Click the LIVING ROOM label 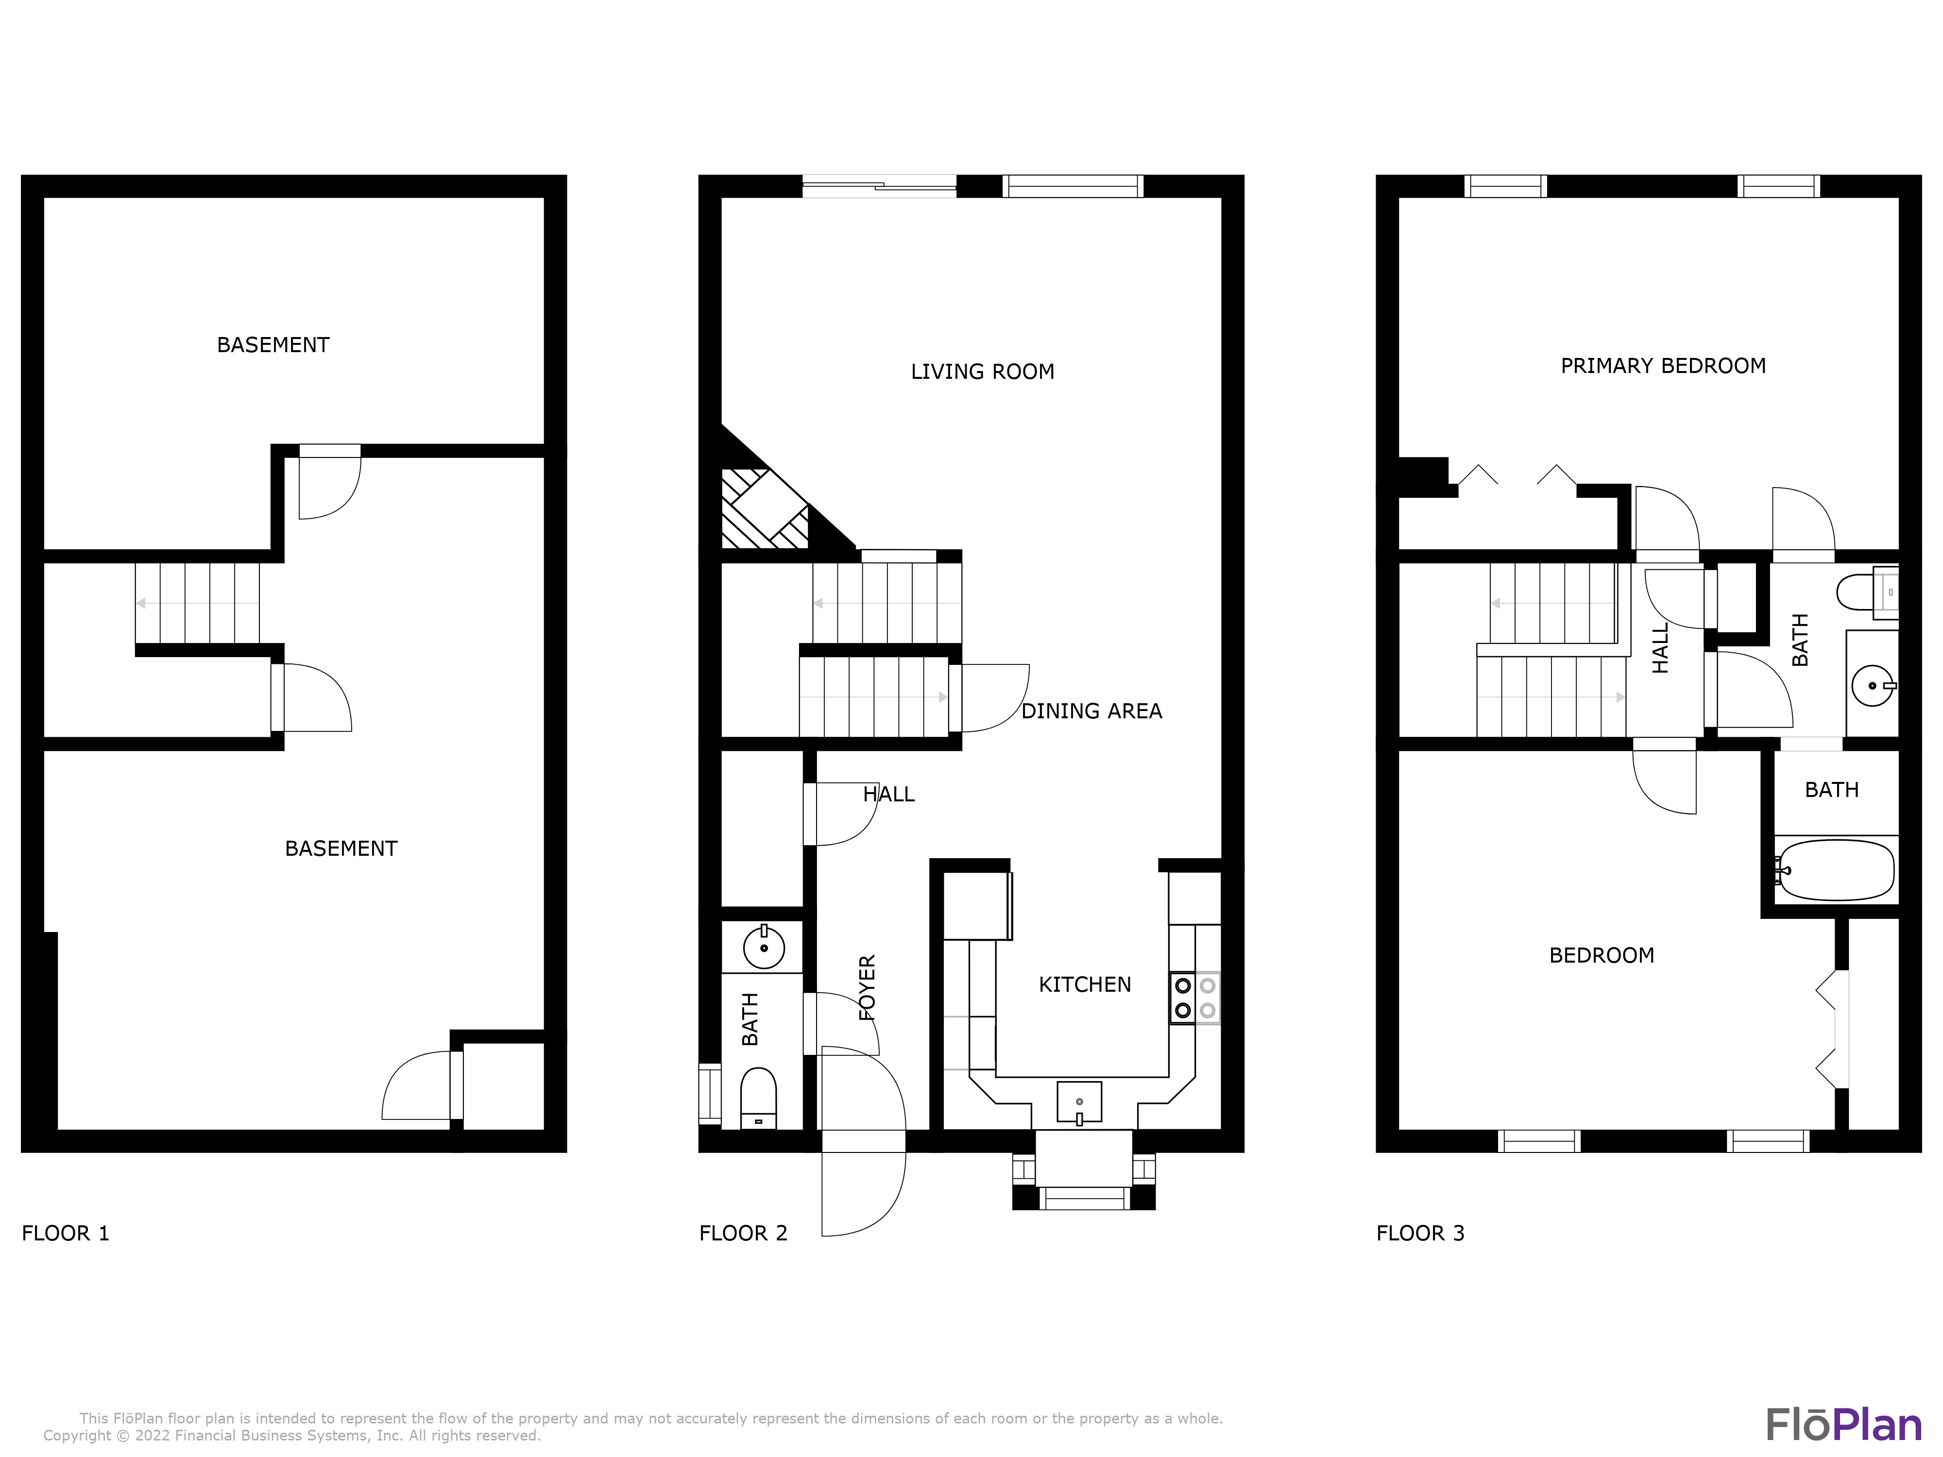pyautogui.click(x=982, y=372)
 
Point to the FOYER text pyautogui.click(x=867, y=987)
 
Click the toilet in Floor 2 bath pyautogui.click(x=759, y=1096)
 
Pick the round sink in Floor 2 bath pyautogui.click(x=763, y=948)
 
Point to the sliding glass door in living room pyautogui.click(x=878, y=186)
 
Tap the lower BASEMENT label pyautogui.click(x=341, y=848)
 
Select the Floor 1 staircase pyautogui.click(x=198, y=603)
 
